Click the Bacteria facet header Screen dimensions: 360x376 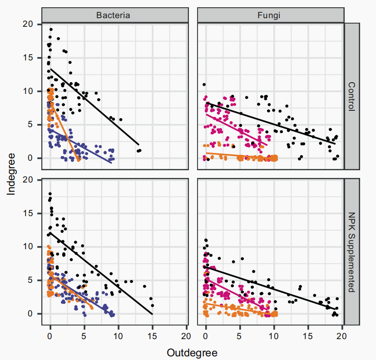pyautogui.click(x=113, y=15)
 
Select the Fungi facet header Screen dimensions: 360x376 pyautogui.click(x=271, y=15)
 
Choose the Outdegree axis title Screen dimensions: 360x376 pyautogui.click(x=192, y=353)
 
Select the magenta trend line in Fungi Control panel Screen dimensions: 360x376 pyautogui.click(x=236, y=129)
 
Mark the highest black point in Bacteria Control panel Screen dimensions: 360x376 pyautogui.click(x=51, y=30)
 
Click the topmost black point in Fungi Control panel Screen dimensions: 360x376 pyautogui.click(x=204, y=84)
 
